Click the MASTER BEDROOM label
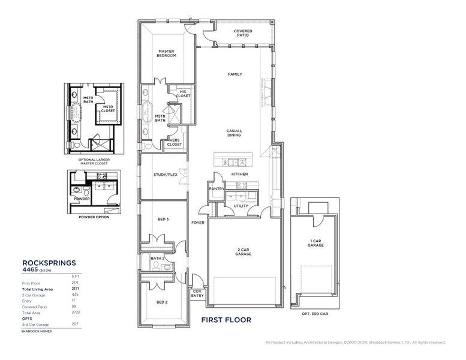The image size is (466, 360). pos(167,53)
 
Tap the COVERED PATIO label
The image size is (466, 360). pos(243,33)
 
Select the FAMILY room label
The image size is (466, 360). pos(234,74)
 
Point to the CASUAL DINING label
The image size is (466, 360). pos(234,133)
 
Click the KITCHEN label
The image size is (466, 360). pos(239,174)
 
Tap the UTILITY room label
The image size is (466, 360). pos(241,206)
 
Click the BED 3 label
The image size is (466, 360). pos(163,220)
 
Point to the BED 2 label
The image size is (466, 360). pos(161,302)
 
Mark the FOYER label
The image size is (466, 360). pos(197,223)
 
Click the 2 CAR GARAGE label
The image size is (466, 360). pos(243,251)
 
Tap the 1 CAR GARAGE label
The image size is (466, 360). pos(315,243)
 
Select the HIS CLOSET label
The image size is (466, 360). pos(184,94)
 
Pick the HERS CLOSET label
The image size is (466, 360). pos(175,142)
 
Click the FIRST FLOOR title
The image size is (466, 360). pos(226,320)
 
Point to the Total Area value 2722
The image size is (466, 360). pos(76,312)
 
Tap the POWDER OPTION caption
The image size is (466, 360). pos(94,217)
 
